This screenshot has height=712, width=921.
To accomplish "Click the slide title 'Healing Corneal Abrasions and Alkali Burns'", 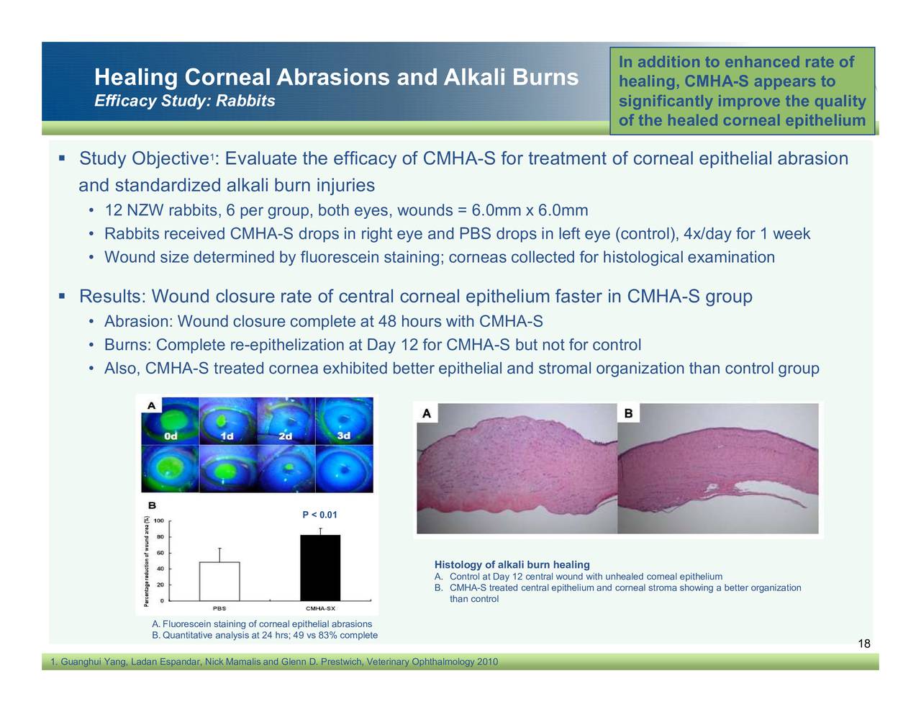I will (x=336, y=77).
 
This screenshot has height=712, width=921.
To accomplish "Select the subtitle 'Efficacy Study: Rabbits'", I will (x=185, y=101).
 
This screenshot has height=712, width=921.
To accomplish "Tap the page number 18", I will (x=864, y=644).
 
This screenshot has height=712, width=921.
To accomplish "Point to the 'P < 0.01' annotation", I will (x=319, y=515).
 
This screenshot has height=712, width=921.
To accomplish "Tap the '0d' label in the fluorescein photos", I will (x=171, y=436).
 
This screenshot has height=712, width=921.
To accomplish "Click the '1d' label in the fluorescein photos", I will (x=227, y=436).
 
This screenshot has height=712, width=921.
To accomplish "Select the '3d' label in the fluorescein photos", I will (x=344, y=436).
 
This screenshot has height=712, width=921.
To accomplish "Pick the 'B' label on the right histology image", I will (x=628, y=413).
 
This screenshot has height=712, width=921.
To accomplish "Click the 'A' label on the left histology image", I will (x=426, y=413).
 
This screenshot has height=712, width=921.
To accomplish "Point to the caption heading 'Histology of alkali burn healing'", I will (x=512, y=565).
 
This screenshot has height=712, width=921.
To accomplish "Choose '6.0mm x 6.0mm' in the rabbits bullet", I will (x=530, y=211).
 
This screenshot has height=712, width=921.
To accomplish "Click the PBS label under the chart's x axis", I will (x=219, y=608).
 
